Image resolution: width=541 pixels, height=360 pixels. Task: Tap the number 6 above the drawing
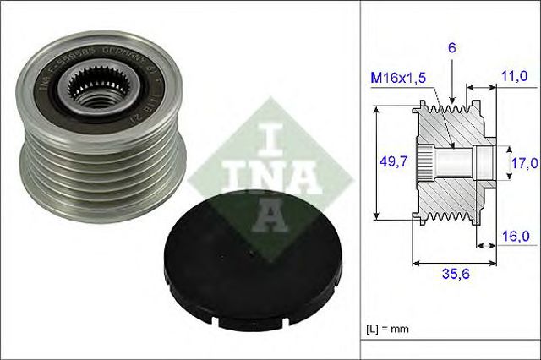[x=452, y=50]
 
